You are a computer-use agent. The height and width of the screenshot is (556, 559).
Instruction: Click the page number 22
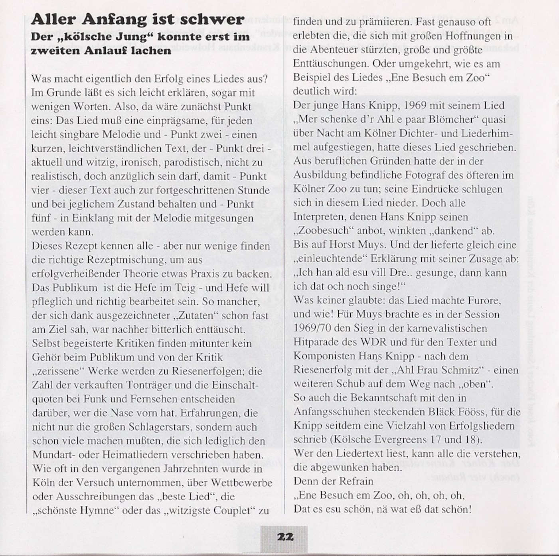click(x=285, y=537)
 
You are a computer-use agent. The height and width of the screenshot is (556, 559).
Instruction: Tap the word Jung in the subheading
click(x=130, y=37)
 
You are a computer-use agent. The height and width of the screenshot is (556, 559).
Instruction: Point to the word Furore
click(x=481, y=300)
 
